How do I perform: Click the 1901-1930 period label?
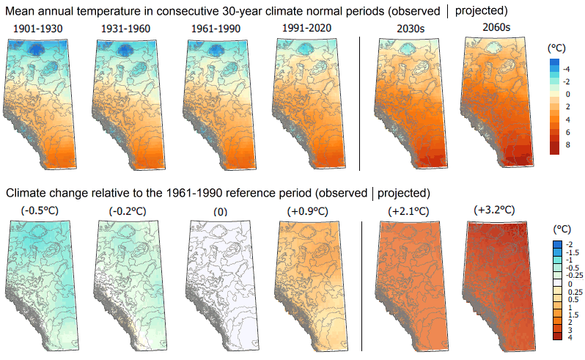coord(37,29)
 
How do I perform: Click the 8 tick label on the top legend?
coord(567,144)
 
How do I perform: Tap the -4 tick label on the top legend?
coord(570,69)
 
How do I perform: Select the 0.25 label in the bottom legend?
coord(573,293)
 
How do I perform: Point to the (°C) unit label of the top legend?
coord(559,48)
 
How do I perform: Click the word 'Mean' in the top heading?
coord(22,11)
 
